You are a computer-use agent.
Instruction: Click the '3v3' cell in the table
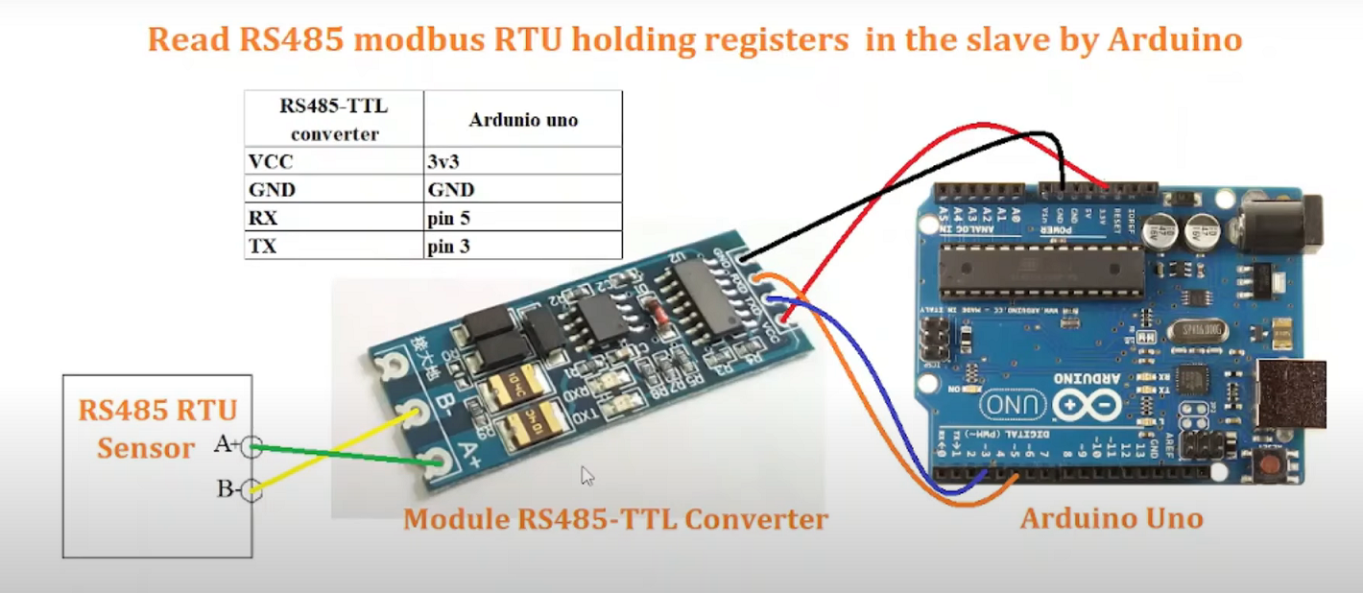click(442, 161)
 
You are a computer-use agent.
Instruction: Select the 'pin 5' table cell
click(448, 218)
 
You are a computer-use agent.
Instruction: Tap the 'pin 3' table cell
click(448, 247)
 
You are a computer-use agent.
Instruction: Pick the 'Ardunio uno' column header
click(523, 120)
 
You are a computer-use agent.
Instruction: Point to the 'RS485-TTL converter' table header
click(334, 119)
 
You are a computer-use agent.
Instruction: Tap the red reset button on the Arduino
click(1273, 469)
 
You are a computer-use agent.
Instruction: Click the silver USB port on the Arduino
click(1291, 393)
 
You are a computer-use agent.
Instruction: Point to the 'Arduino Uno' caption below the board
click(1111, 519)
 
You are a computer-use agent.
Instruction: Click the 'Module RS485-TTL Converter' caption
click(614, 520)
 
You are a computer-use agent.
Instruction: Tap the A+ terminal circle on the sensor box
click(251, 446)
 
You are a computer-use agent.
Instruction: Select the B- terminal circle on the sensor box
click(251, 489)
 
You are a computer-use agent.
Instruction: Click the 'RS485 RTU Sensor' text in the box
click(156, 429)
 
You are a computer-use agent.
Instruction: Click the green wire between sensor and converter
click(346, 455)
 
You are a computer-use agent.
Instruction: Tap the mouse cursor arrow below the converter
click(586, 475)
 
